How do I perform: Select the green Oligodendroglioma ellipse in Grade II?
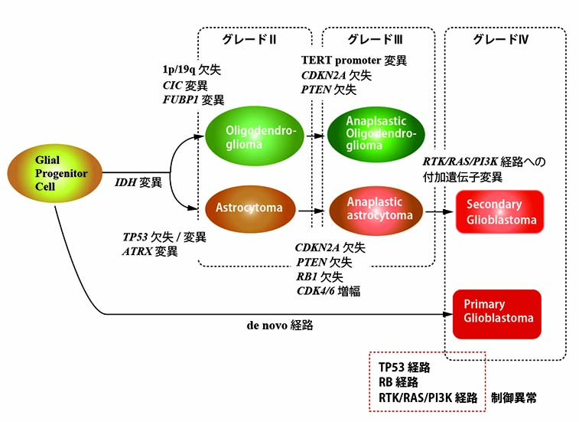[249, 136]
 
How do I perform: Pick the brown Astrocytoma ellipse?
[249, 208]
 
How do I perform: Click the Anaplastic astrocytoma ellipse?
[376, 209]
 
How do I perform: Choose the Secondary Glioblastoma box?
[499, 212]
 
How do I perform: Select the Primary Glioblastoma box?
[496, 313]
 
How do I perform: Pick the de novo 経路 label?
[279, 325]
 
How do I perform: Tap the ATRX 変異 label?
[151, 251]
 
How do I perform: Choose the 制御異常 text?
[524, 397]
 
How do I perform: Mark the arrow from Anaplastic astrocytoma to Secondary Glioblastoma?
[438, 211]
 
